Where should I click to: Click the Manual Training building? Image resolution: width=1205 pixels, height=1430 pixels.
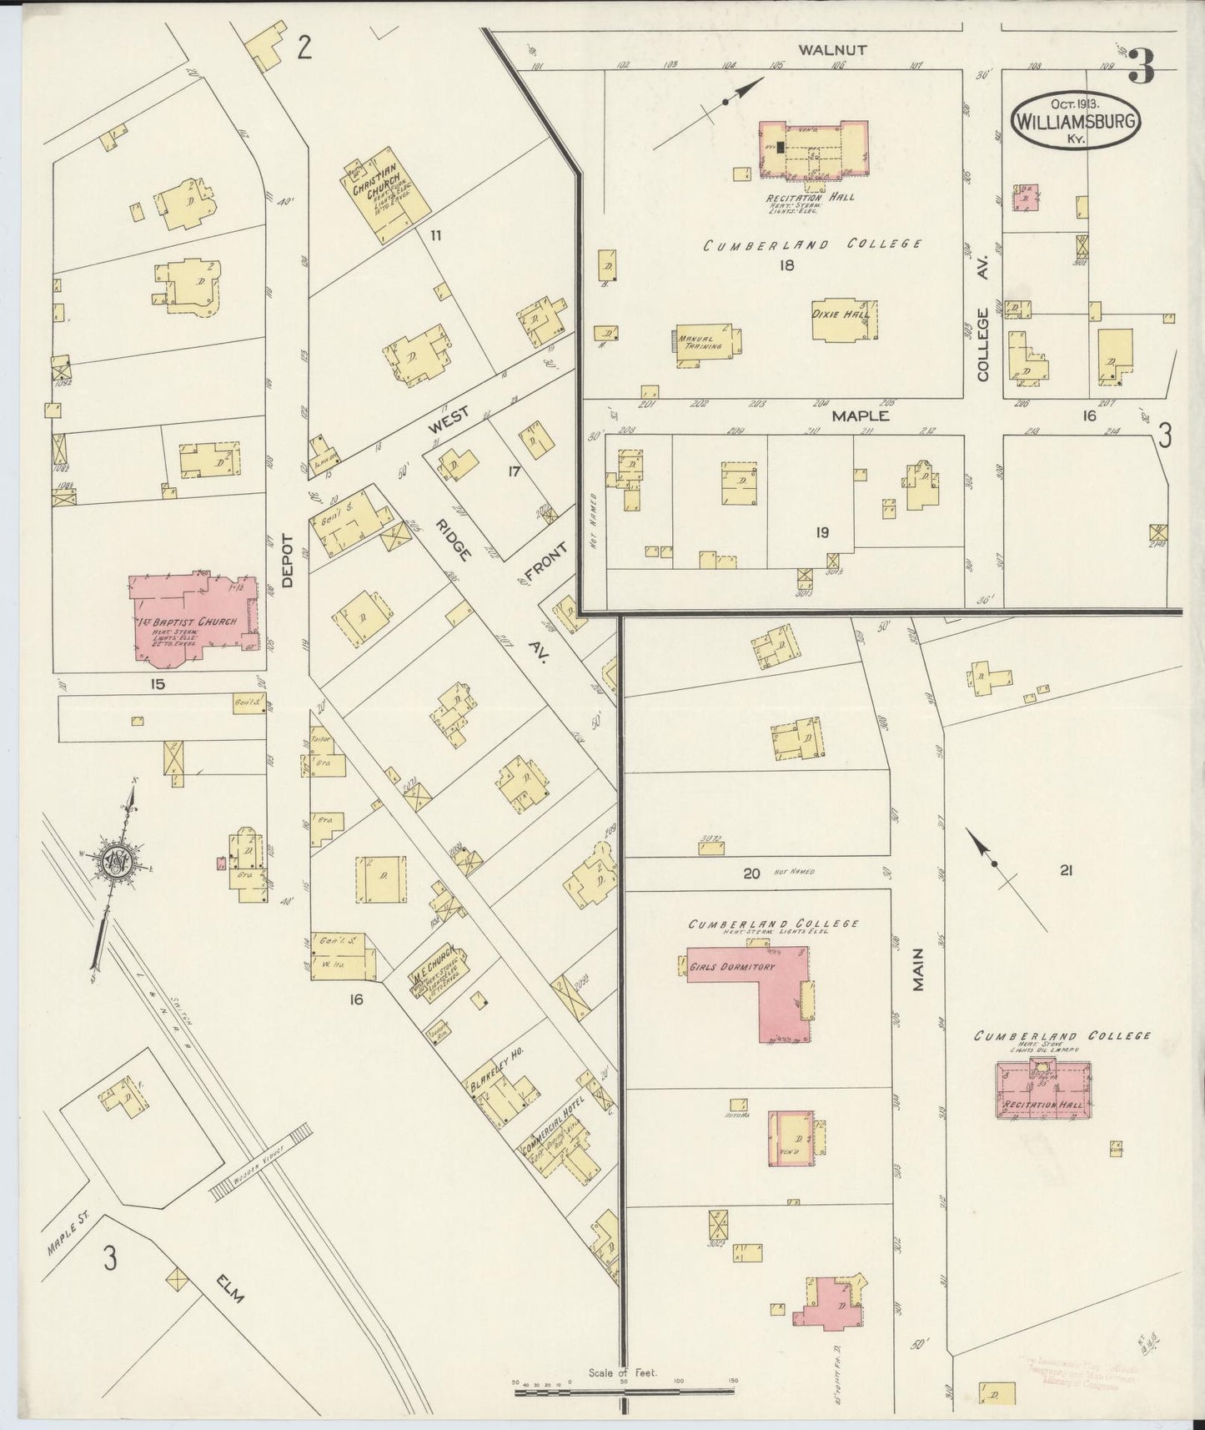704,344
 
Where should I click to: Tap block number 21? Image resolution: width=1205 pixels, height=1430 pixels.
1064,871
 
